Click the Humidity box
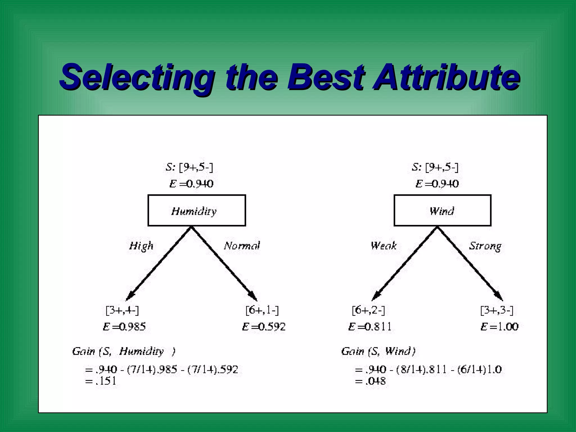197,210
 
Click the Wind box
442,210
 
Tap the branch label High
141,246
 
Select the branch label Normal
242,246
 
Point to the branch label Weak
384,246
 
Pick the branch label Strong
485,246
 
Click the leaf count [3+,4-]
122,310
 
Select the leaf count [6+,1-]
262,310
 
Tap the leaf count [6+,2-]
368,310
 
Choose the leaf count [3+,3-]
497,310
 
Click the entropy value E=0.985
124,327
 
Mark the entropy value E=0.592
264,327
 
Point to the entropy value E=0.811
370,327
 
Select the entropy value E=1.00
499,327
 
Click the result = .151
101,381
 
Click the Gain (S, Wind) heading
378,351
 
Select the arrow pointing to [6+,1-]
225,264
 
